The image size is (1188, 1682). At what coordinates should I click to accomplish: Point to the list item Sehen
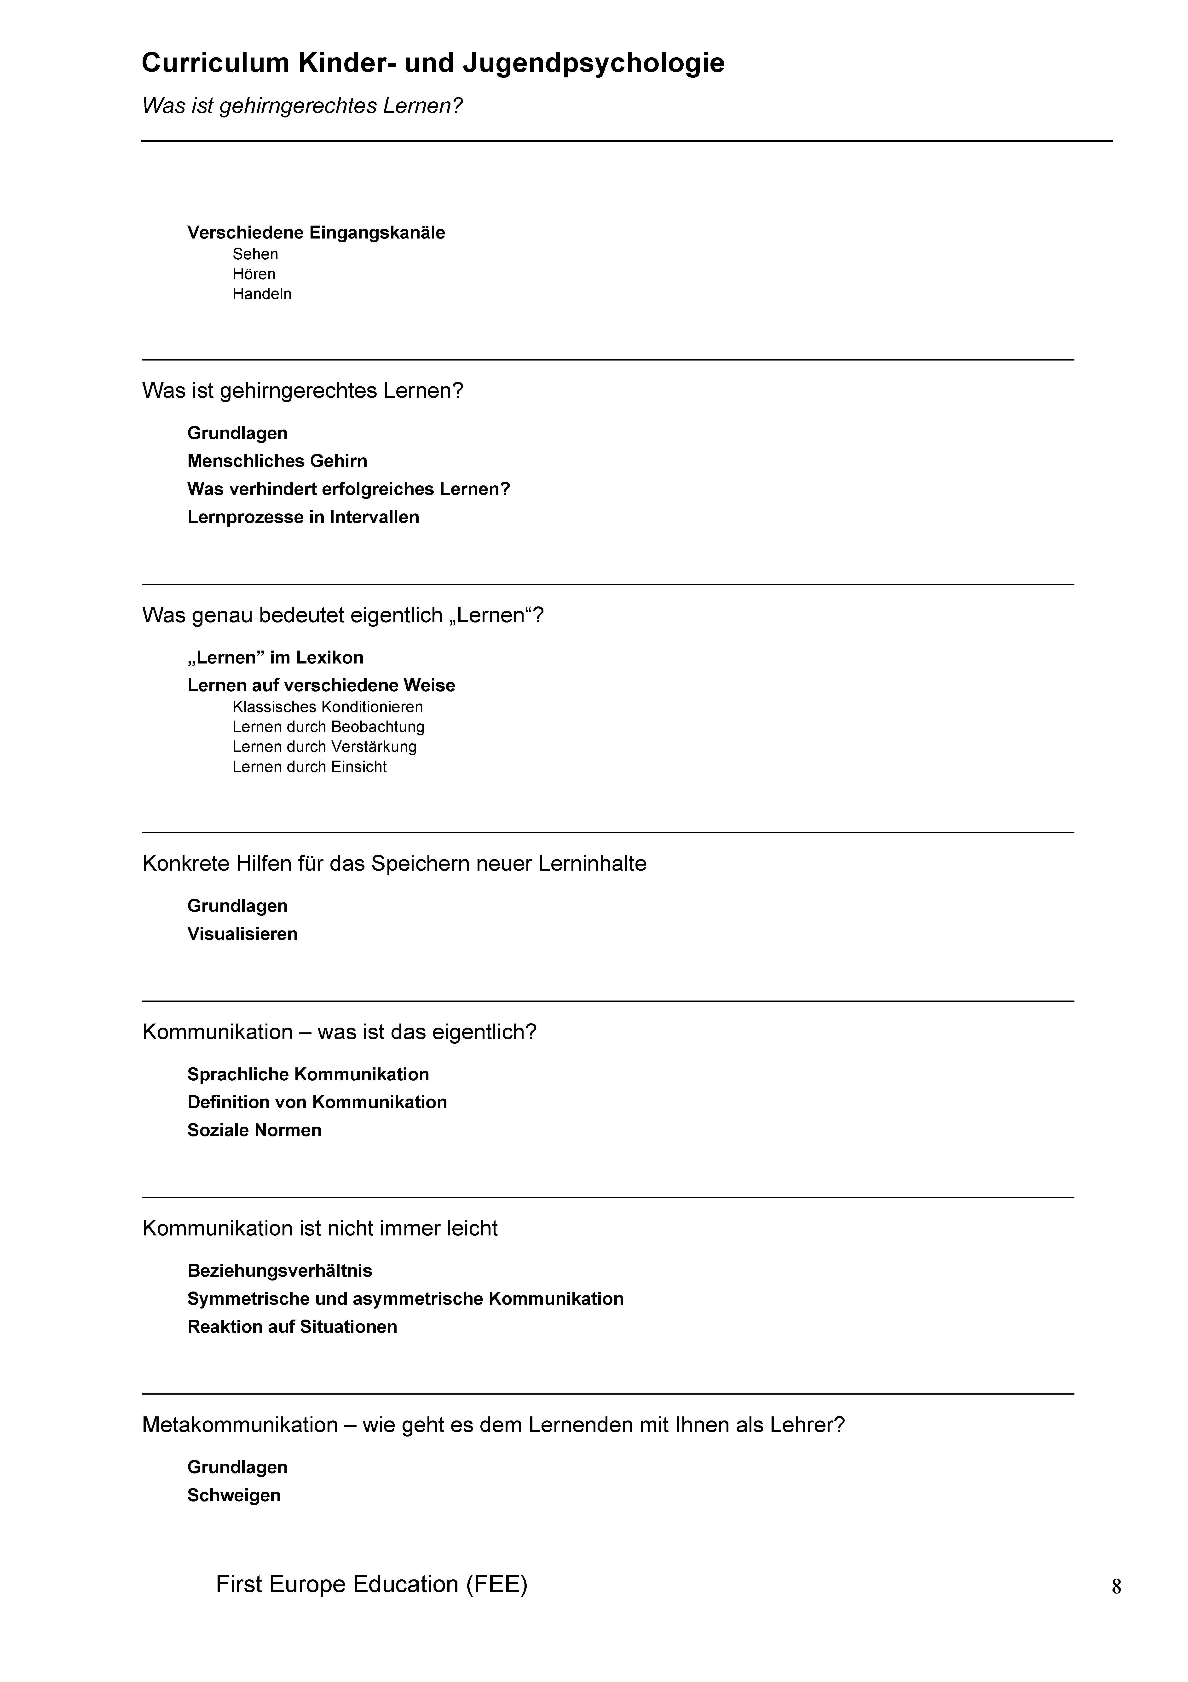(255, 254)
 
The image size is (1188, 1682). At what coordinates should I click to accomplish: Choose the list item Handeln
(261, 294)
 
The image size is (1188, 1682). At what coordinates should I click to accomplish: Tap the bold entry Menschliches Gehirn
(277, 461)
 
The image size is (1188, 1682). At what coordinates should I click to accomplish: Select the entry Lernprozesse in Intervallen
(303, 517)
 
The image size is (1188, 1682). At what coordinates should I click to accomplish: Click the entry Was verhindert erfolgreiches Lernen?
(348, 489)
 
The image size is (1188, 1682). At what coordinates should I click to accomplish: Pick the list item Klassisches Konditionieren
(327, 707)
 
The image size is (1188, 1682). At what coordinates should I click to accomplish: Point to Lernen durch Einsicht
(309, 767)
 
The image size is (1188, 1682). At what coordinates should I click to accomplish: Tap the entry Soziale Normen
(254, 1130)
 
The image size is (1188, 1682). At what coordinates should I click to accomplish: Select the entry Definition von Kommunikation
(317, 1103)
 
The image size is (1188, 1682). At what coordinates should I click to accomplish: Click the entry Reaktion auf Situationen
(292, 1327)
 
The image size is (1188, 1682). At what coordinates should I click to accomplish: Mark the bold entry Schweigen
(234, 1495)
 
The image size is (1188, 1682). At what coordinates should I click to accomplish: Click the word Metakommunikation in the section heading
(240, 1425)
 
